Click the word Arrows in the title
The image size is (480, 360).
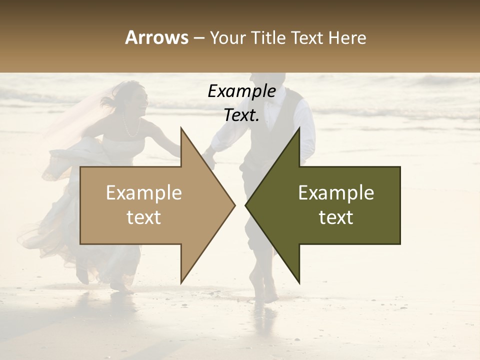pyautogui.click(x=156, y=37)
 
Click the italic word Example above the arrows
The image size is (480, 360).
pyautogui.click(x=241, y=91)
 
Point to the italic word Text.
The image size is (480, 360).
pyautogui.click(x=241, y=115)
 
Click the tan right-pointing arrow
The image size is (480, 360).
pyautogui.click(x=150, y=205)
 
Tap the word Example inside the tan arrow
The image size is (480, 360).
pyautogui.click(x=144, y=193)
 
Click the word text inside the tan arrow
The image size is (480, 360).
pyautogui.click(x=144, y=217)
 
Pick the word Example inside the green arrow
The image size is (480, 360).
pyautogui.click(x=336, y=193)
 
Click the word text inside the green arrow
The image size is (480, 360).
pyautogui.click(x=336, y=217)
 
